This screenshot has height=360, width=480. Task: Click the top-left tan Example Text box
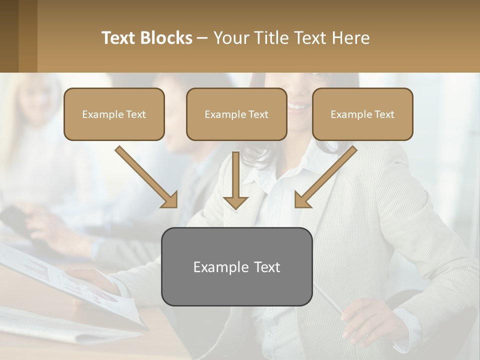coord(114,114)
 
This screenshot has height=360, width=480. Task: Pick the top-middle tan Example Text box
coord(236,114)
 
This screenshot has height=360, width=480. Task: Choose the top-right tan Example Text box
coord(362,114)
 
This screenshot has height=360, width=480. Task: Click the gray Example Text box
coord(236,266)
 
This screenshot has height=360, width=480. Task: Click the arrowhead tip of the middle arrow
coord(235,207)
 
